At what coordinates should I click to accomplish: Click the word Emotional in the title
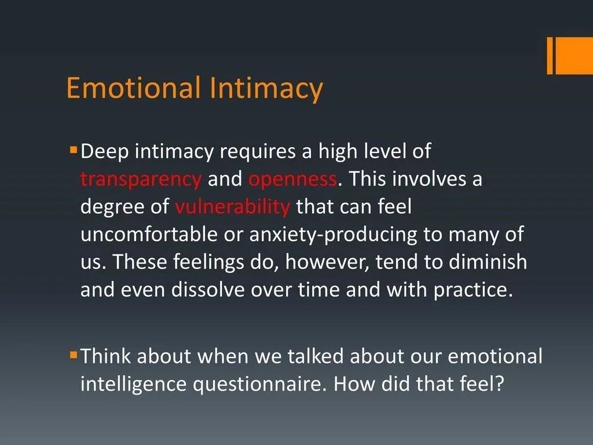click(134, 87)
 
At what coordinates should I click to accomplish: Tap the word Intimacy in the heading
click(266, 89)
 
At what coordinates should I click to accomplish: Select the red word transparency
click(141, 180)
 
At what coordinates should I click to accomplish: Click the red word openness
click(292, 179)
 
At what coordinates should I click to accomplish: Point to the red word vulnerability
click(232, 207)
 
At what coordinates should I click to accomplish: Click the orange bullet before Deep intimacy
click(74, 149)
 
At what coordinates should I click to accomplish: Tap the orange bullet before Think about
click(74, 355)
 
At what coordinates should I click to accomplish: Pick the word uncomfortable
click(149, 234)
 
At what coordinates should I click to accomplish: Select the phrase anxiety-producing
click(333, 235)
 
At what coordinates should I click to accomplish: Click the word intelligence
click(134, 385)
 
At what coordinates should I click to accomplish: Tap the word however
click(327, 262)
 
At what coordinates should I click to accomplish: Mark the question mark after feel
click(500, 384)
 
